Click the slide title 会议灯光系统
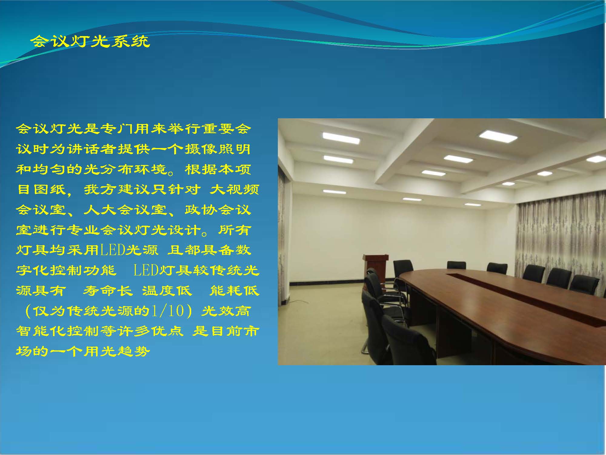[x=90, y=42]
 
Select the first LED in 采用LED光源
[x=112, y=250]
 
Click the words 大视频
[x=234, y=190]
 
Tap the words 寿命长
[x=108, y=291]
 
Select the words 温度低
[x=167, y=291]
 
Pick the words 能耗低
[x=234, y=291]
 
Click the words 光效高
[x=226, y=311]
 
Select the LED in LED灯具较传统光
[x=146, y=270]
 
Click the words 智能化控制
[x=58, y=331]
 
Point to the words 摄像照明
[x=217, y=149]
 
